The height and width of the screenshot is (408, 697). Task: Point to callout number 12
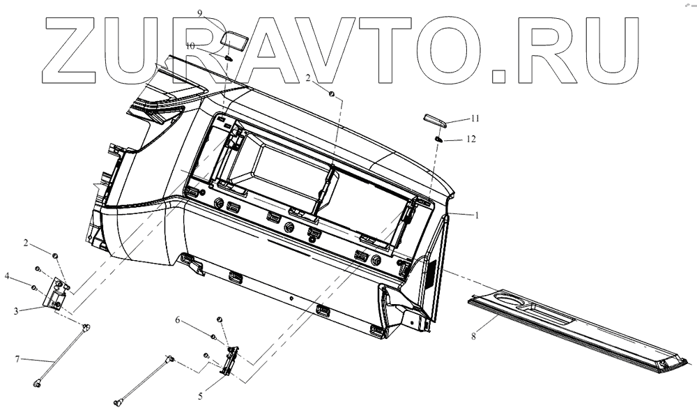click(x=471, y=139)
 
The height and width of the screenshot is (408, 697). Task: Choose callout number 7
click(x=19, y=360)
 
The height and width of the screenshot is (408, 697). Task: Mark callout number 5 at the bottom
click(x=200, y=396)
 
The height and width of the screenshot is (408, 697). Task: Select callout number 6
click(x=178, y=320)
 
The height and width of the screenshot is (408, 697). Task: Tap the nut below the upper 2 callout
click(x=332, y=94)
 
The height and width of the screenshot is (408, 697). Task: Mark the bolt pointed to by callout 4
click(x=33, y=287)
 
